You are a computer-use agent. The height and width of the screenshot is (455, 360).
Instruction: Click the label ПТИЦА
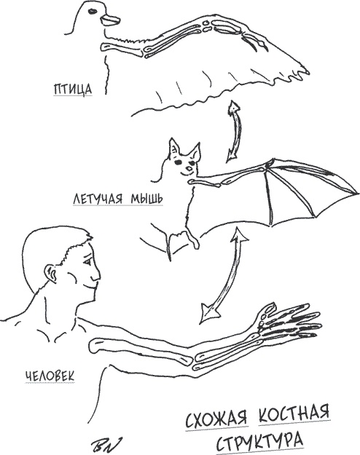click(73, 89)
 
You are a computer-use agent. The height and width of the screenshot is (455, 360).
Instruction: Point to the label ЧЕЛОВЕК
click(50, 376)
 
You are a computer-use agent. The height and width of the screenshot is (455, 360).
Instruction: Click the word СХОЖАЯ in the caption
click(216, 418)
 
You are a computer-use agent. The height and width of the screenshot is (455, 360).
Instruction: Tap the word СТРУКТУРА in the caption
click(259, 440)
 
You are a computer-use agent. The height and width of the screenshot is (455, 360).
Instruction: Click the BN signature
click(106, 444)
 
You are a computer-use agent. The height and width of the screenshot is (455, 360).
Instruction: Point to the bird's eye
click(93, 12)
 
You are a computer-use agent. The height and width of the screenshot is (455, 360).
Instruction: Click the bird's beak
click(110, 20)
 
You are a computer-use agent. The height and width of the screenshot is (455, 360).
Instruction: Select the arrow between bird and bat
click(234, 131)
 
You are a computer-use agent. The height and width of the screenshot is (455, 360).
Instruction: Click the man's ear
click(50, 274)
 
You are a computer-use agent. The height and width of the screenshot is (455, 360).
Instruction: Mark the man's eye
click(87, 262)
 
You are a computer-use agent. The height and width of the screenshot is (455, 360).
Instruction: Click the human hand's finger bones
click(291, 321)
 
